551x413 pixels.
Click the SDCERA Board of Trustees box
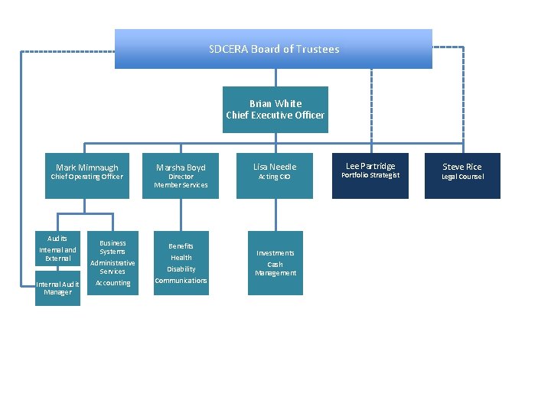(273, 49)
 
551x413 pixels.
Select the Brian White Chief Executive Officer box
(275, 109)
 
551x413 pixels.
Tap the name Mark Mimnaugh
(87, 167)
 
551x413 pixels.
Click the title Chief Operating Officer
(86, 177)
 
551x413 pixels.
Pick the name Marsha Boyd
(181, 167)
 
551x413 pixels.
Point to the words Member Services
(181, 185)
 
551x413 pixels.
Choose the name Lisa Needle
(274, 166)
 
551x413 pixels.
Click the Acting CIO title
(274, 177)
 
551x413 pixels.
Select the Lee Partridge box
(370, 176)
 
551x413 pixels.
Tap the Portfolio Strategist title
(370, 175)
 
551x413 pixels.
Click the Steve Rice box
(462, 176)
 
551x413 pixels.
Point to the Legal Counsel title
(462, 177)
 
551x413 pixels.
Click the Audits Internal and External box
(57, 249)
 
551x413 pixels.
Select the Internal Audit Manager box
(57, 288)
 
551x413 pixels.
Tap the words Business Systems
(112, 247)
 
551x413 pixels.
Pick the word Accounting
(112, 283)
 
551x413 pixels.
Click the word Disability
(181, 269)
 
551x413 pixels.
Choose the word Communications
(181, 281)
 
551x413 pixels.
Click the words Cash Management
(275, 268)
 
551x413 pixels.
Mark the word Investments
(275, 253)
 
